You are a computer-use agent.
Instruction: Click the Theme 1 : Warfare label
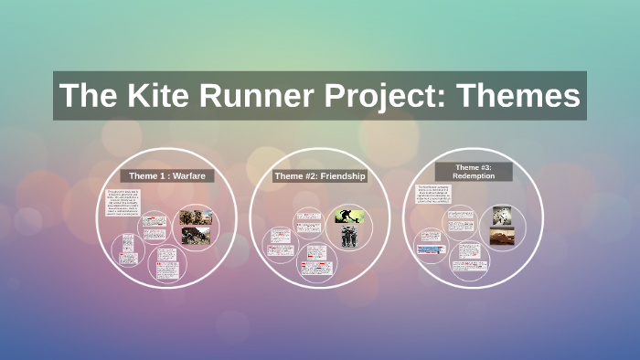(x=167, y=175)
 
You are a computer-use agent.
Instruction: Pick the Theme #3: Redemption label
(x=473, y=171)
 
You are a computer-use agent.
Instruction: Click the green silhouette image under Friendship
(x=347, y=216)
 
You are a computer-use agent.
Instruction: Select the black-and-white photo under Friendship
(x=347, y=237)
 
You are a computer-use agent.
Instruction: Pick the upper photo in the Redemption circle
(x=502, y=215)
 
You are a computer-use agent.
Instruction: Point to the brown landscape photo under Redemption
(x=502, y=236)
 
